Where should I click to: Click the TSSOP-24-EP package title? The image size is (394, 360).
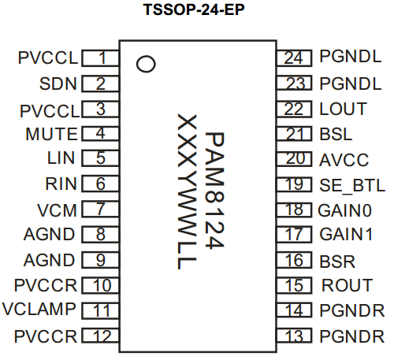click(194, 9)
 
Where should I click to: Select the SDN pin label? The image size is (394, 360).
click(58, 84)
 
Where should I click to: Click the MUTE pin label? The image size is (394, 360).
click(51, 134)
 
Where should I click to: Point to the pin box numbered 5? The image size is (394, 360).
click(100, 158)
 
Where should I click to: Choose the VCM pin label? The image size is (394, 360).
click(57, 210)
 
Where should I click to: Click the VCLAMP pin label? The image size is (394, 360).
click(39, 309)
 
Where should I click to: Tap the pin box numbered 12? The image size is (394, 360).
click(100, 336)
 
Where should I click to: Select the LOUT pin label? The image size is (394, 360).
click(343, 109)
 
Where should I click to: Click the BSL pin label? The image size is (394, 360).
click(336, 134)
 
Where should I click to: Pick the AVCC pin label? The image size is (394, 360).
click(344, 160)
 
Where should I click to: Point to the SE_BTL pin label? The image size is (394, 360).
click(352, 186)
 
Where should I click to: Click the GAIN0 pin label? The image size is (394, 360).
click(345, 210)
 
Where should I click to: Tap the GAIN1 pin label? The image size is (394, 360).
click(346, 234)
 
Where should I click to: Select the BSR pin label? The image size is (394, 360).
click(337, 262)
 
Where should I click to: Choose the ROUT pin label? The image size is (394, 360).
click(348, 285)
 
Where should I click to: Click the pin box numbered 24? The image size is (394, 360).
click(294, 58)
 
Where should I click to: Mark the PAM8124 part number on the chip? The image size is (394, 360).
click(214, 191)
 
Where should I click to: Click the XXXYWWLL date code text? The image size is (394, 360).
click(187, 191)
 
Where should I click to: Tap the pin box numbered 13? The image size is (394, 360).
click(294, 336)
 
